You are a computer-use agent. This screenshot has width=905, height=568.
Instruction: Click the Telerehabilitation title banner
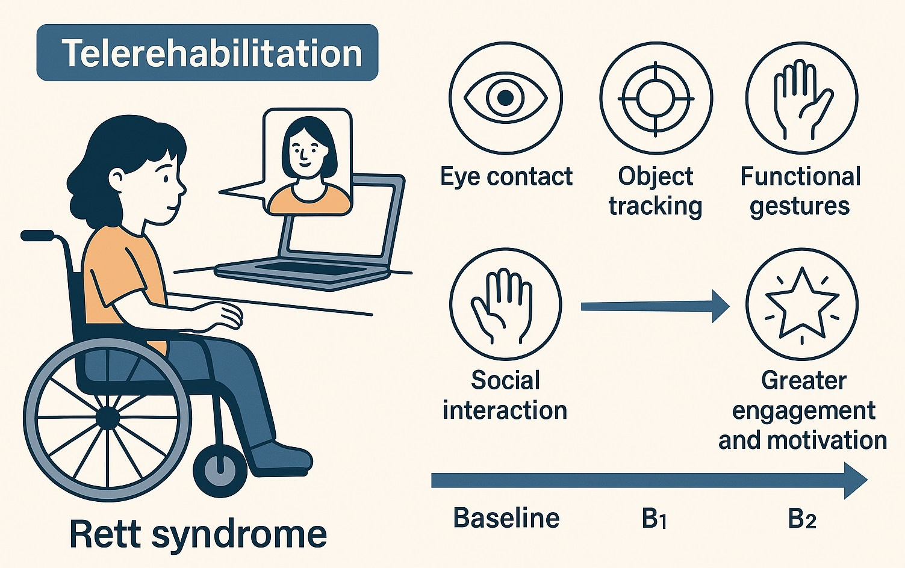[x=207, y=53]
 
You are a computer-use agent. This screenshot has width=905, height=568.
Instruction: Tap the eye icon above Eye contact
[x=505, y=97]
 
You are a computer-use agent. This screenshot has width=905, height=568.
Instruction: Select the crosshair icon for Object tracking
[x=656, y=97]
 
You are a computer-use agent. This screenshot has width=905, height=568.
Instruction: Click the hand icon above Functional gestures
[x=802, y=97]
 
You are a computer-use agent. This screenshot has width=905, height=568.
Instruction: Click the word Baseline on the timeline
[x=506, y=518]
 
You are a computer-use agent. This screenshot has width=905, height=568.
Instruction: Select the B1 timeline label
[x=654, y=519]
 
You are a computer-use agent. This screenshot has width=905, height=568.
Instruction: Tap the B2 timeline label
[x=802, y=519]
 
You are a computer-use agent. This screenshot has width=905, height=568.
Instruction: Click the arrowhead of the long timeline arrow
[x=855, y=480]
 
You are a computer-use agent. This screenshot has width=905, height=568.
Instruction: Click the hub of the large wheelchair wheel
[x=107, y=417]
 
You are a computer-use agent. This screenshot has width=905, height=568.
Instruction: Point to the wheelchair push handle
[x=37, y=235]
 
